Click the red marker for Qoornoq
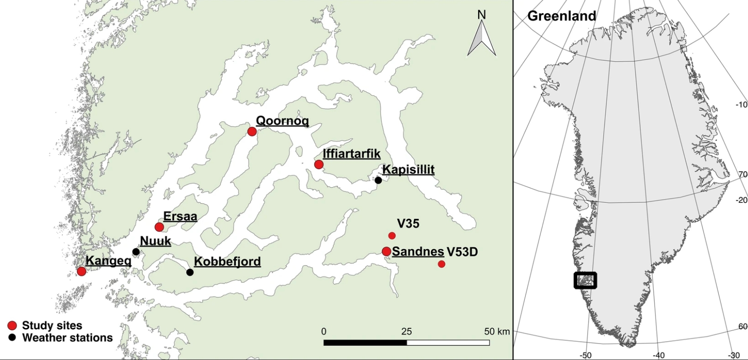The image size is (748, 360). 252,131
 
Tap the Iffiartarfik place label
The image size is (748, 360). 351,154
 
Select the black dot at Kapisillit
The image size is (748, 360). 378,180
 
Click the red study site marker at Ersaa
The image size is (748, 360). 159,227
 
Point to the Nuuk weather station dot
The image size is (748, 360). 136,251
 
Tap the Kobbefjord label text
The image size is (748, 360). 227,261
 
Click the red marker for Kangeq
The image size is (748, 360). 82,271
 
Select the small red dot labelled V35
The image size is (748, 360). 392,235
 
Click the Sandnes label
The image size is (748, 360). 418,251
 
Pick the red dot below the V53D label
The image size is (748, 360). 441,264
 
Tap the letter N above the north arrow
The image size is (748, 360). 482,15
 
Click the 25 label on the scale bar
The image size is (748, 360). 406,331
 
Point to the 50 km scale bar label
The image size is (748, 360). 497,331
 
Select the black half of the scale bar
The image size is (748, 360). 365,342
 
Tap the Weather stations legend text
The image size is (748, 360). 67,338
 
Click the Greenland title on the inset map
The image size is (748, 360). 562,16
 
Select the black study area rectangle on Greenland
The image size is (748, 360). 585,280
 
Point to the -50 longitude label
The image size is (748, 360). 585,355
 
